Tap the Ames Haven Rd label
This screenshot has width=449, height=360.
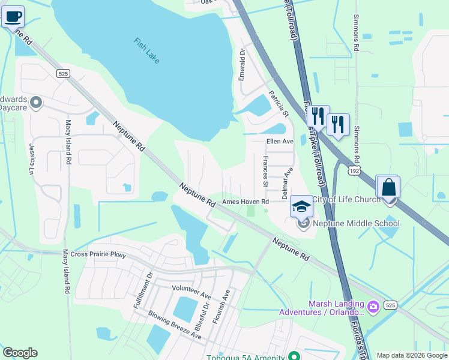click(245, 202)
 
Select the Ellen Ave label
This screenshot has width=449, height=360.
click(280, 142)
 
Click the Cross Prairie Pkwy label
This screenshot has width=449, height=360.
click(98, 255)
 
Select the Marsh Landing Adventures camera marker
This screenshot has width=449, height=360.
click(374, 308)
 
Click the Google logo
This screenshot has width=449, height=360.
click(20, 353)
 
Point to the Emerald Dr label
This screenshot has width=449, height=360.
click(243, 65)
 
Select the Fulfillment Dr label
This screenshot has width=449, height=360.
click(143, 291)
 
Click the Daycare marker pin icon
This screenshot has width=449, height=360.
click(35, 103)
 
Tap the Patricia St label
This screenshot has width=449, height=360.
click(279, 103)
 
